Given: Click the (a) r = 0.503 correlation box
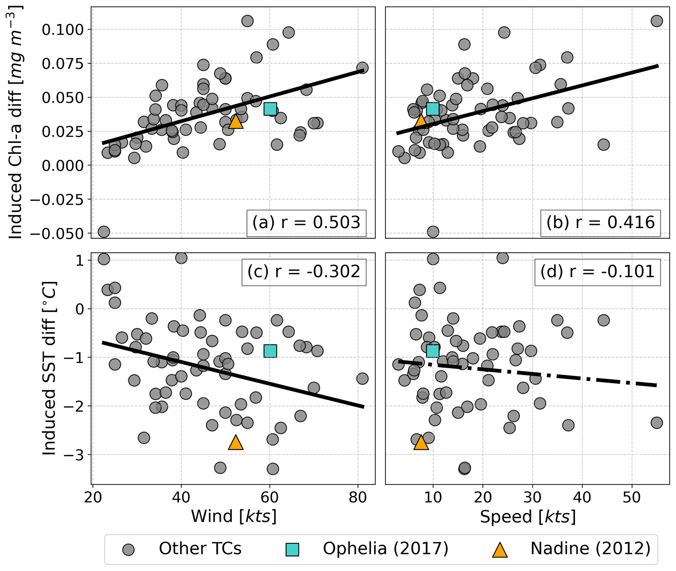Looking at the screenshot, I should [x=306, y=223].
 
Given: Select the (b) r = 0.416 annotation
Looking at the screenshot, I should [x=600, y=223].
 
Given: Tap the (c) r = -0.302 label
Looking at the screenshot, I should [x=303, y=272].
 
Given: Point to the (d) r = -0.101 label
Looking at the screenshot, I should [x=597, y=272].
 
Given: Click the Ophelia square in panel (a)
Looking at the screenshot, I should [x=270, y=109].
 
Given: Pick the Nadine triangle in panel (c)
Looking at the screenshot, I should [x=235, y=443].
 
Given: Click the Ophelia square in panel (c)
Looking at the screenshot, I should [x=270, y=351].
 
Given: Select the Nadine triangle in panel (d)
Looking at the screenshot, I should [x=421, y=443].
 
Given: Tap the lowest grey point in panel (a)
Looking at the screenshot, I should [x=104, y=232].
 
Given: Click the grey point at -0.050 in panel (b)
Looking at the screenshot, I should [x=433, y=232].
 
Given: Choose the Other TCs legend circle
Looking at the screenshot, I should [x=129, y=550].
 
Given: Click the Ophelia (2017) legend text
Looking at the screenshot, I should [x=385, y=549].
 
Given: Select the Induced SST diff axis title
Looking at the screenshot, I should [x=50, y=368].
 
